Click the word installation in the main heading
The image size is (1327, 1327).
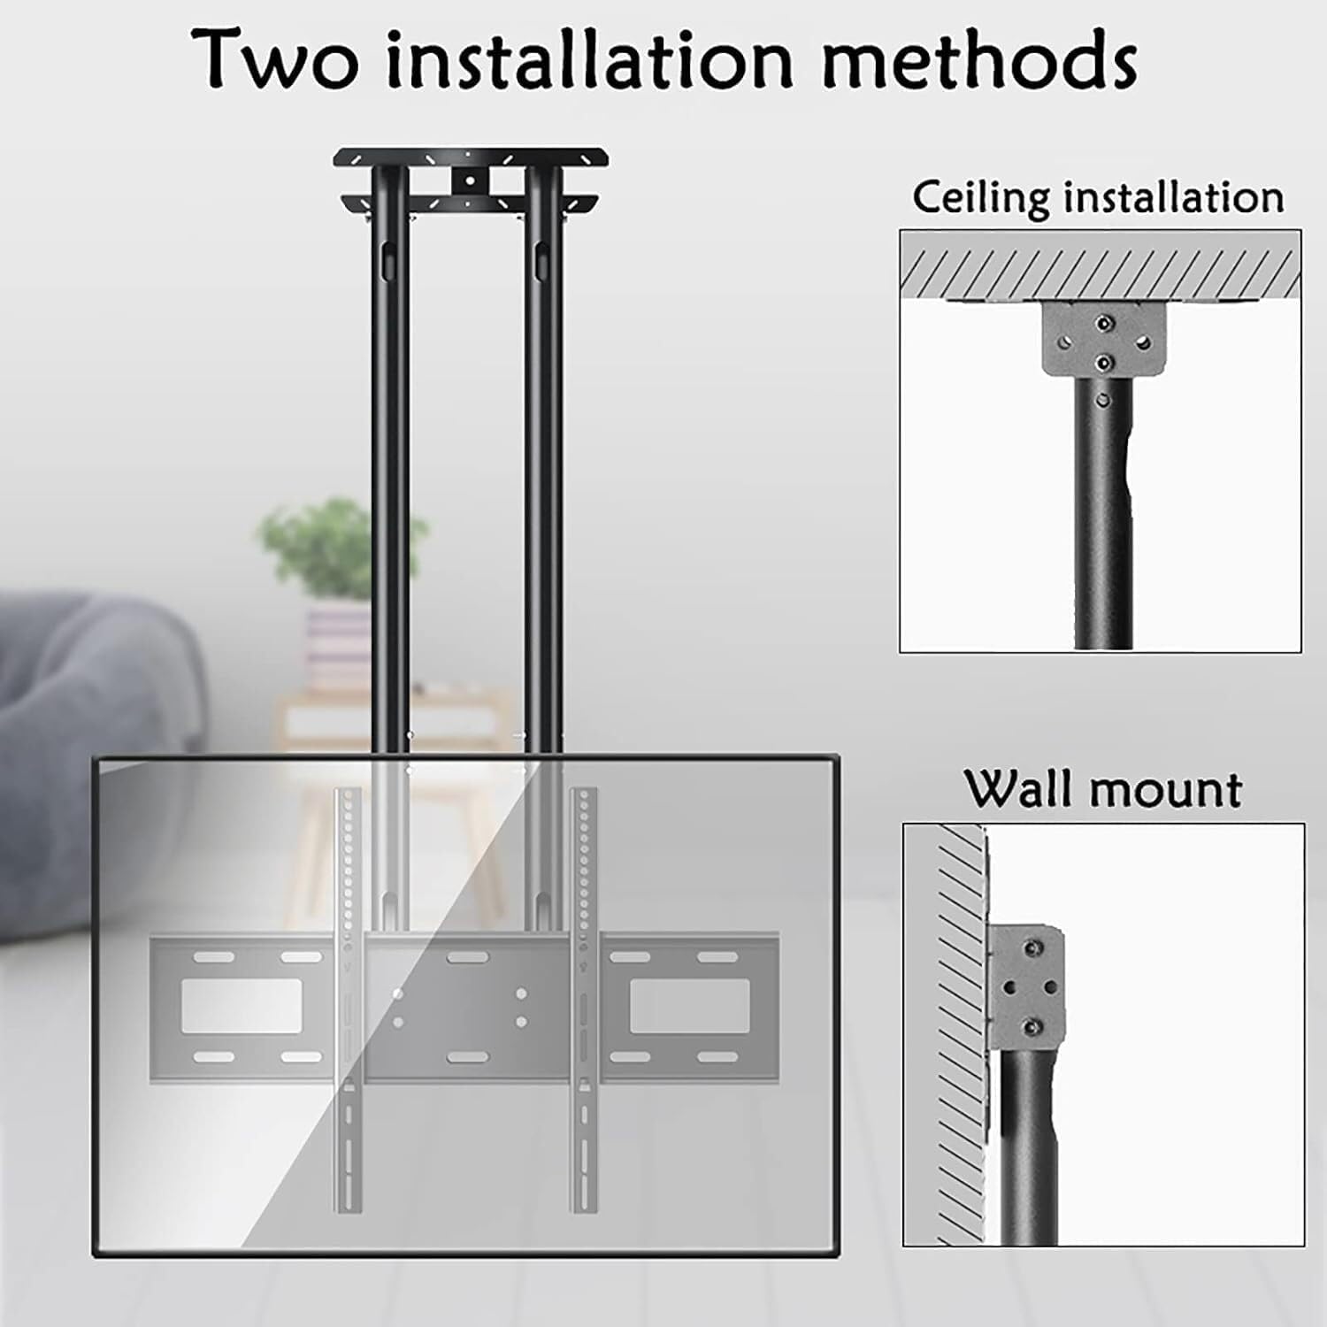click(x=589, y=58)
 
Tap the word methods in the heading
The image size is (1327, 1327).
click(x=979, y=58)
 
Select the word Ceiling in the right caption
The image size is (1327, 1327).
click(x=980, y=197)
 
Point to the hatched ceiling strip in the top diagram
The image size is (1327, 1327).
click(x=1101, y=273)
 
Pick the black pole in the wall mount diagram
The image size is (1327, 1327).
click(x=1030, y=1147)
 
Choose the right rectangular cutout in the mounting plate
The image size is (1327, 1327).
click(x=689, y=1005)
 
